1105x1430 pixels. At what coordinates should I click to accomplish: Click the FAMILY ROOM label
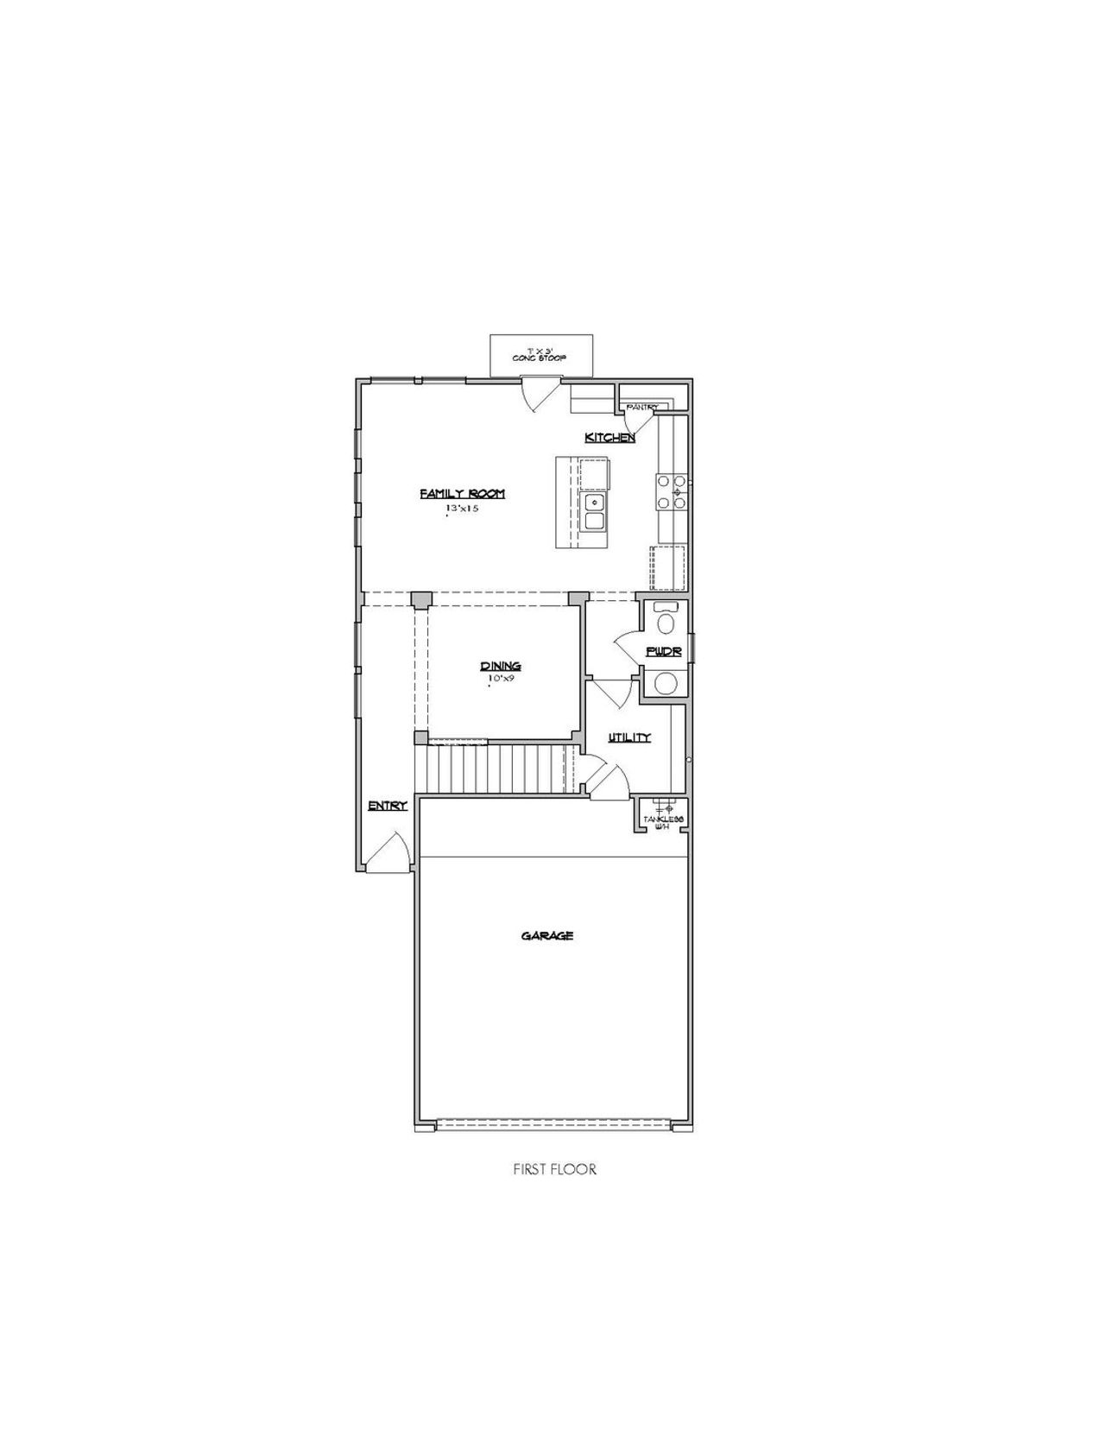coord(462,494)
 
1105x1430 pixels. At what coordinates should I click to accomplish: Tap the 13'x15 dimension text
coord(462,509)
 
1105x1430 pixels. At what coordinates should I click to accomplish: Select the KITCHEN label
coord(609,438)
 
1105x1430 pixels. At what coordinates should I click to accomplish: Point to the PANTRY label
coord(642,407)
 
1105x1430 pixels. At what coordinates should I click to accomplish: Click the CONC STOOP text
coord(540,357)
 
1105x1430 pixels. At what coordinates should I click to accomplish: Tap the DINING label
coord(501,666)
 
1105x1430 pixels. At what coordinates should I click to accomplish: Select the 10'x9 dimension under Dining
coord(501,680)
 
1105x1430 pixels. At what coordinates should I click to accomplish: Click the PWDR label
coord(663,652)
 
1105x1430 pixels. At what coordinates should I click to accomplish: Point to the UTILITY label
coord(628,737)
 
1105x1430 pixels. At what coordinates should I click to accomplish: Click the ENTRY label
coord(387,806)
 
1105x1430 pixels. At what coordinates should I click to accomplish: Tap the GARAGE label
coord(547,935)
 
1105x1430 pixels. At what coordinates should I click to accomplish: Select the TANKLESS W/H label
coord(662,821)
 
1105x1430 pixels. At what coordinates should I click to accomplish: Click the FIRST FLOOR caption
coord(554,1169)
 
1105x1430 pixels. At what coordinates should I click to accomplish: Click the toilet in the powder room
coord(666,620)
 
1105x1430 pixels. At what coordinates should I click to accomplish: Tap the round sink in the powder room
coord(666,684)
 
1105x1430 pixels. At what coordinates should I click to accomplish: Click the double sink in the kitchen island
coord(594,511)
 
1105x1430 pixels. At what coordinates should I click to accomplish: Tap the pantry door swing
coord(641,422)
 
